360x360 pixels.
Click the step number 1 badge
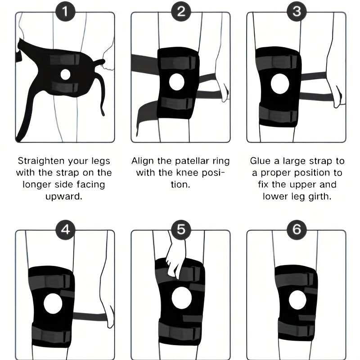coord(65,12)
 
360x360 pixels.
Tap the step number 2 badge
coord(181,12)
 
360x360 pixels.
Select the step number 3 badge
coord(297,12)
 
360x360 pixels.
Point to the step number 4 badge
coord(65,229)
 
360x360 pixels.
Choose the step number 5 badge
coord(181,229)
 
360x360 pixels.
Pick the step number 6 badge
coord(297,229)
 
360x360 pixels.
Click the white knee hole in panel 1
coord(65,74)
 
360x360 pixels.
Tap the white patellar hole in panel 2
coord(177,82)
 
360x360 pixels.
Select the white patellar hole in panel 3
coord(280,84)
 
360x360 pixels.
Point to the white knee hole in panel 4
coord(53,303)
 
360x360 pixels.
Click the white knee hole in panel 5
coord(182,298)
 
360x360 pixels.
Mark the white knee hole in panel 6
coord(297,300)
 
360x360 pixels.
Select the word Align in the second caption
coord(143,161)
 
